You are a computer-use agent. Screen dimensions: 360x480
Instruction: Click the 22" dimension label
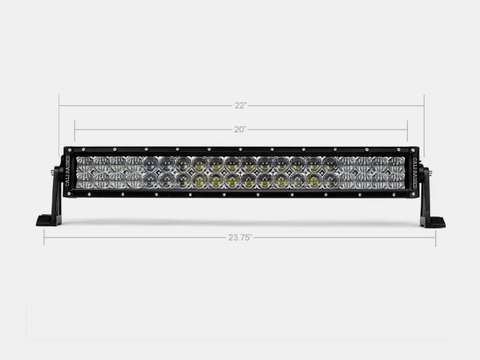(x=241, y=106)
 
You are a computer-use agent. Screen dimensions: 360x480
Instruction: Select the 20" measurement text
(x=241, y=129)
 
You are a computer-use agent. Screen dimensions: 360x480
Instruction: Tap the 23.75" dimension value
(x=239, y=238)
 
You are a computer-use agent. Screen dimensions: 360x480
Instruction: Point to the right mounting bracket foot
(x=433, y=221)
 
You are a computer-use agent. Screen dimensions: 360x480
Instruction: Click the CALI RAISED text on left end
(x=67, y=172)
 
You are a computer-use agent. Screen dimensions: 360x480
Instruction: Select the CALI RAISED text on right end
(x=414, y=172)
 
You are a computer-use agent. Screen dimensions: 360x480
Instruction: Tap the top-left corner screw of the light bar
(x=69, y=150)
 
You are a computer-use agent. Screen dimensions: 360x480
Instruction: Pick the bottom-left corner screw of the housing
(x=69, y=194)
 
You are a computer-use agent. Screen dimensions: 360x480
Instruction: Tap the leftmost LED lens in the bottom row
(x=85, y=181)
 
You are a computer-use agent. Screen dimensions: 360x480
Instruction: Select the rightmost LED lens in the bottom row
(x=396, y=181)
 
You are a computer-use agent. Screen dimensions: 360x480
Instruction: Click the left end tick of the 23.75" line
(x=44, y=238)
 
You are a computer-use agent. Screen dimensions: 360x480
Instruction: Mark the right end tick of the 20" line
(x=407, y=129)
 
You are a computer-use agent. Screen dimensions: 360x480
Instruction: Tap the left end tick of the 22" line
(x=59, y=106)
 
